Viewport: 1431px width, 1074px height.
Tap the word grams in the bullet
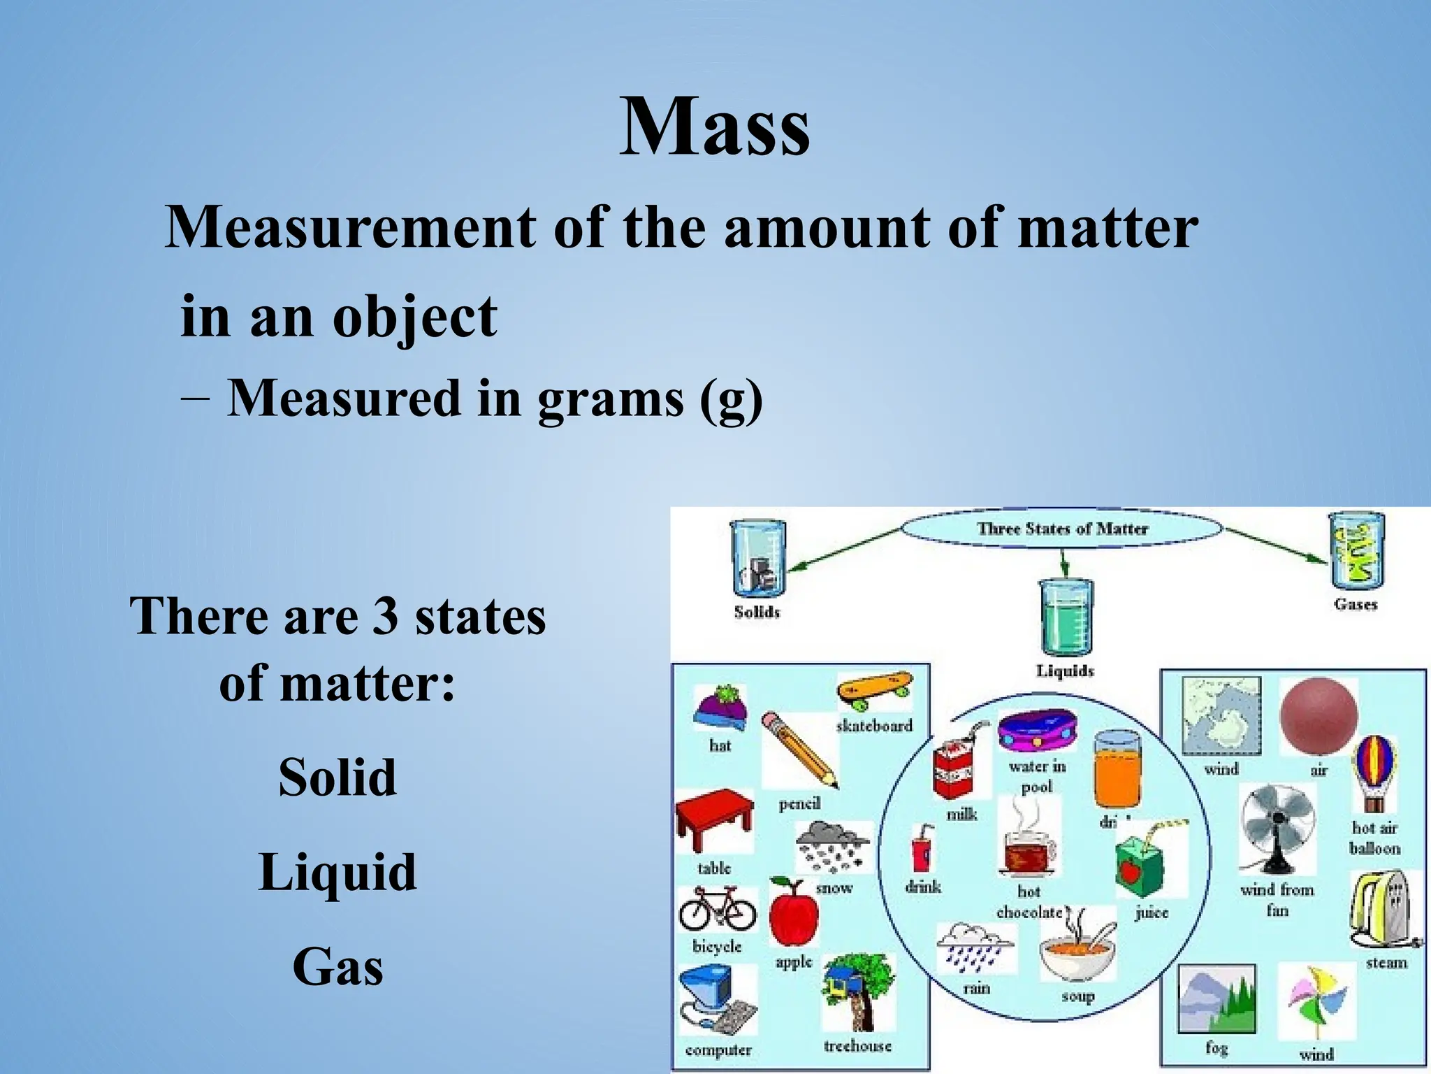[610, 399]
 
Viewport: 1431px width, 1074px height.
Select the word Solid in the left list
[337, 777]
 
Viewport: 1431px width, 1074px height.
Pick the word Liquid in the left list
[337, 872]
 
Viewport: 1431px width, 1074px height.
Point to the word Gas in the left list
[337, 967]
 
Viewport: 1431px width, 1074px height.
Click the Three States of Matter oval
[1061, 529]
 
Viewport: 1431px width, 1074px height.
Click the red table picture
[714, 818]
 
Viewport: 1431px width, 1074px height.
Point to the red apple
[793, 912]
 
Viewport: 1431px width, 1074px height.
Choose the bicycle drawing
[717, 908]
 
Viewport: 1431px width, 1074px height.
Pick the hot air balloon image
[1374, 773]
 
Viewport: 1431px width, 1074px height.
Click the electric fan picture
[1277, 828]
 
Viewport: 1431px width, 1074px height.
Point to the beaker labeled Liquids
[1064, 617]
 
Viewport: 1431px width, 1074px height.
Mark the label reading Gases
[1355, 604]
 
